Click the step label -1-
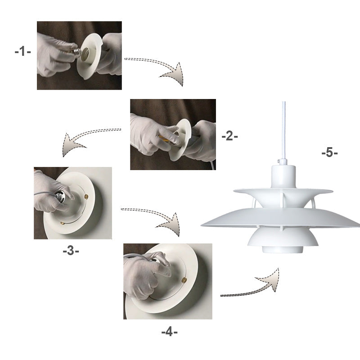pyautogui.click(x=22, y=51)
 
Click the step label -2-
pyautogui.click(x=229, y=136)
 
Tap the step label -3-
pyautogui.click(x=71, y=251)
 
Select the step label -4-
pyautogui.click(x=170, y=333)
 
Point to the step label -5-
pyautogui.click(x=329, y=153)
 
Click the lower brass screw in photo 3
pyautogui.click(x=63, y=222)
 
